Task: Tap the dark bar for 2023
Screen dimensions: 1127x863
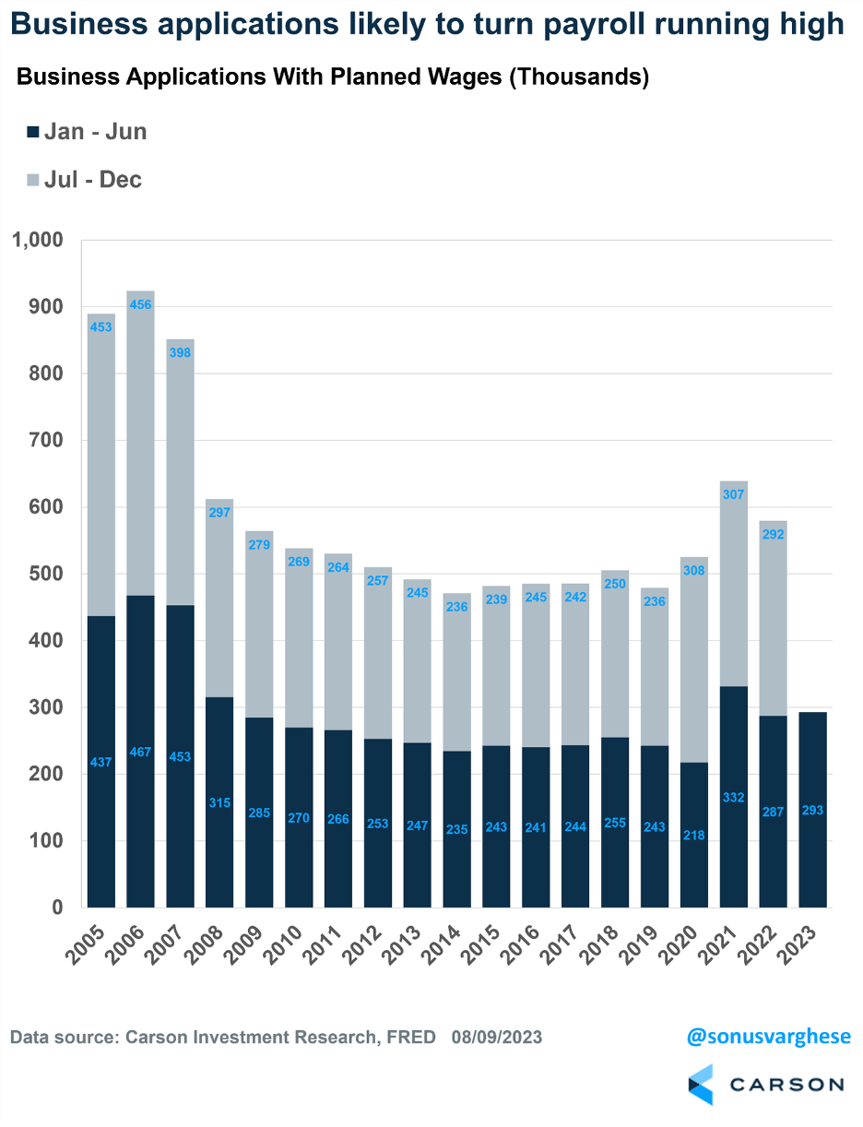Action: (x=812, y=812)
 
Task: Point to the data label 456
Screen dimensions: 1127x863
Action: (x=141, y=304)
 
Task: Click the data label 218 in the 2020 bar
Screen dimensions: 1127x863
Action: (x=693, y=835)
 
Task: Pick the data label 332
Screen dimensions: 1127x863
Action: (x=733, y=797)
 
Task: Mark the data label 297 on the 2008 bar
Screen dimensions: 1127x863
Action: (x=219, y=513)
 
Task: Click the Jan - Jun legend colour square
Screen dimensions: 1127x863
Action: (x=33, y=132)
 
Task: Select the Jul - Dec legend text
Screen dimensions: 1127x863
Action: (x=93, y=179)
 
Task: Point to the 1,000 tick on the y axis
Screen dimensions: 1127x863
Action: (x=36, y=241)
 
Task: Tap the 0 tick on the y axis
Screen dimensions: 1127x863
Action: (x=56, y=908)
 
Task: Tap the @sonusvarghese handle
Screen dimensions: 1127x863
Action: (x=768, y=1037)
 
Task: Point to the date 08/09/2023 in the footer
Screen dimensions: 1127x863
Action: (x=497, y=1038)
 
